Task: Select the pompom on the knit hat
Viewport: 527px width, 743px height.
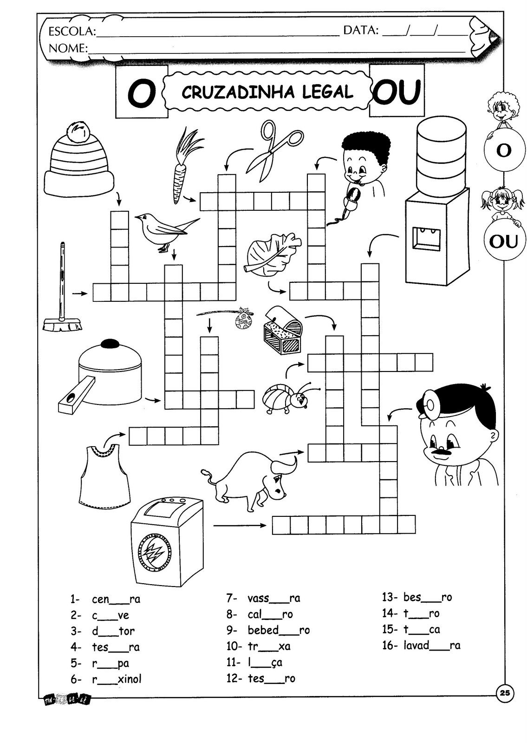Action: tap(77, 130)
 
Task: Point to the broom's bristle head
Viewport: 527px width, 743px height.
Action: tap(63, 324)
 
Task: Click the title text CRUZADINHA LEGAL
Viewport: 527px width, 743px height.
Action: tap(267, 92)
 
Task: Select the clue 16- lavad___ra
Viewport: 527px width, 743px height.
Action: tap(421, 645)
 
